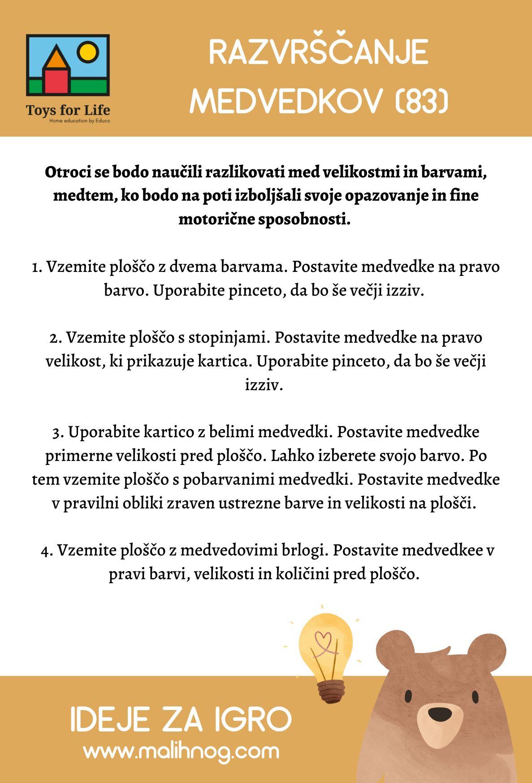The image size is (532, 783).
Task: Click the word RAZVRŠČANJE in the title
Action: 319,53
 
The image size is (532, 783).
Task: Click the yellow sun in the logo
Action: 87,52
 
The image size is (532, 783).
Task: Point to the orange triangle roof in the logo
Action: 56,57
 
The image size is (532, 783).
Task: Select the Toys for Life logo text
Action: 68,110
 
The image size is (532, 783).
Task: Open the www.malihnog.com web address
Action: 181,751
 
